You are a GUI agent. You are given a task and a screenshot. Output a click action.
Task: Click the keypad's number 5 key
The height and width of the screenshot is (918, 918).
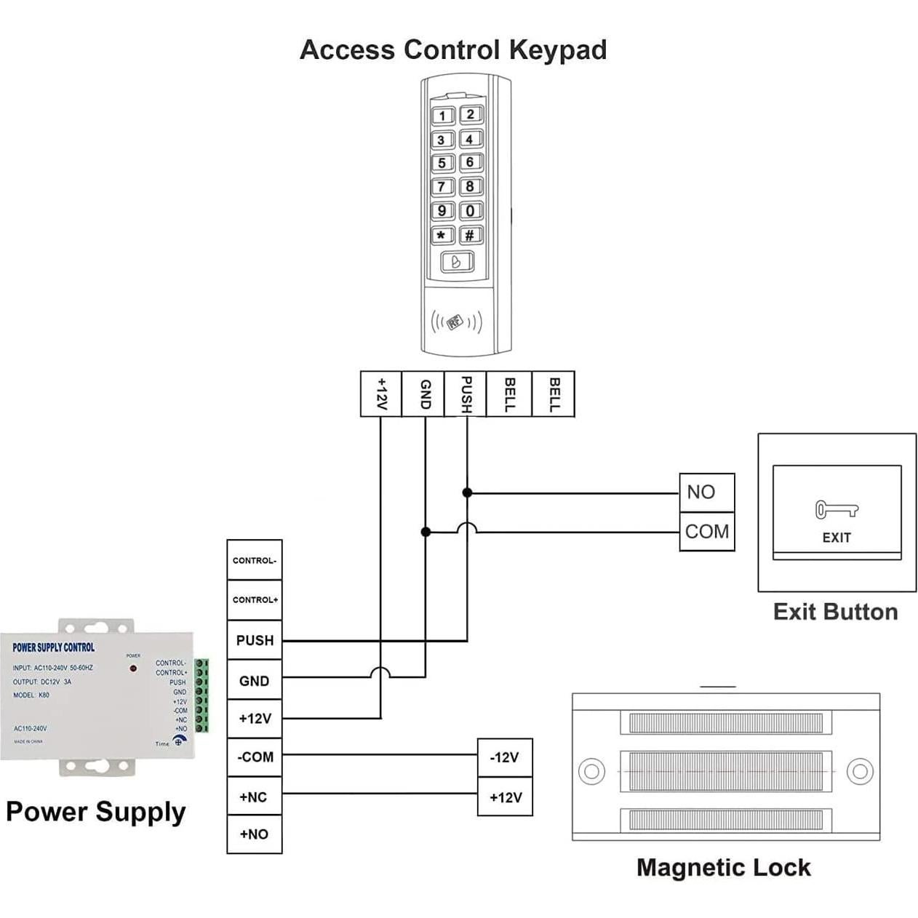click(442, 163)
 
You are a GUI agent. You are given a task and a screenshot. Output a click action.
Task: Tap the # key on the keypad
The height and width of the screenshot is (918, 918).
click(471, 235)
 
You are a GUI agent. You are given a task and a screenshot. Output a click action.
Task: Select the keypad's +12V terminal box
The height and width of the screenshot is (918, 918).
click(381, 394)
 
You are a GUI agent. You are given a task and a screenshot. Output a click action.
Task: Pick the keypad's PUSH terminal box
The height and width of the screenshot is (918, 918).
click(466, 394)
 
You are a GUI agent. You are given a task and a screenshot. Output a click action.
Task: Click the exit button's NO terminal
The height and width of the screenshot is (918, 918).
click(706, 492)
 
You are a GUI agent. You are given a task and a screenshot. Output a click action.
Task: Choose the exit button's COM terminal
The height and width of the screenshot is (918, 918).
click(706, 532)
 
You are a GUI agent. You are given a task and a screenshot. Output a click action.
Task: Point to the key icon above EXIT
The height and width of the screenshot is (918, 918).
click(836, 509)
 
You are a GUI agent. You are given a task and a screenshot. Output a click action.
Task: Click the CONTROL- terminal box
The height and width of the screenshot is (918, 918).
click(255, 560)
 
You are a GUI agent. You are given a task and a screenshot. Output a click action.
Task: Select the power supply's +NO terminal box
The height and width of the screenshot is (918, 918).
click(255, 834)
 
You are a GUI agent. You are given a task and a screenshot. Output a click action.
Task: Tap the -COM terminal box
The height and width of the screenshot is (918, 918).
click(255, 757)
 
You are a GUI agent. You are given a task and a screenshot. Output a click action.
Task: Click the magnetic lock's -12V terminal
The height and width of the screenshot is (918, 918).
click(505, 758)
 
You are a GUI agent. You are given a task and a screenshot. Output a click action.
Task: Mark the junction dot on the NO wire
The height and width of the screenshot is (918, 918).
click(467, 492)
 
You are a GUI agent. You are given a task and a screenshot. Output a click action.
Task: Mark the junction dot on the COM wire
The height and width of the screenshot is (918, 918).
click(426, 532)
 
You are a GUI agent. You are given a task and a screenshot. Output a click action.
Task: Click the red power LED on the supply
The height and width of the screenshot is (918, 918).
click(133, 668)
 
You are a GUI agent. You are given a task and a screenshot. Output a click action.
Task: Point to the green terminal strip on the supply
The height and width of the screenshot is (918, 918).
click(201, 695)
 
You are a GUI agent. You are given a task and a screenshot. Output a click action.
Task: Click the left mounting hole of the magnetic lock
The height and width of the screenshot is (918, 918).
click(591, 771)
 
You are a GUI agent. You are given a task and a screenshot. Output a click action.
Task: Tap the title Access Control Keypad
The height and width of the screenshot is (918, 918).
click(453, 49)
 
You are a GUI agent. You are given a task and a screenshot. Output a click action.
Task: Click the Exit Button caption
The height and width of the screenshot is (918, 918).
click(835, 612)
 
